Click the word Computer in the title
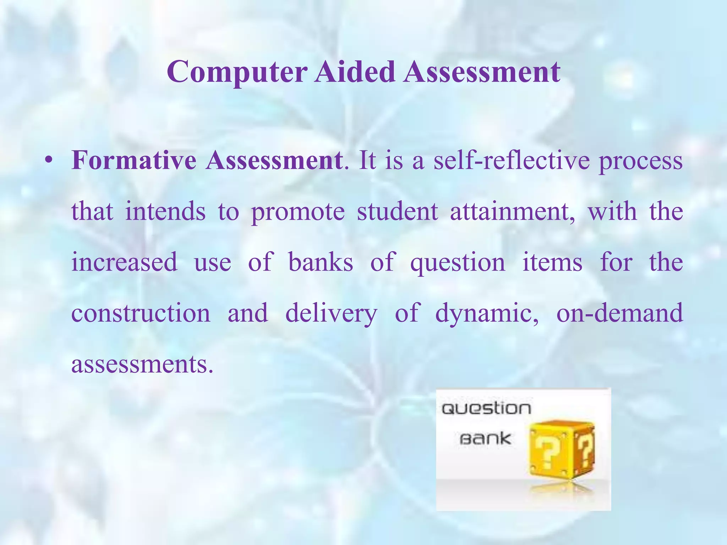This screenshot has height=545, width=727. pos(237,72)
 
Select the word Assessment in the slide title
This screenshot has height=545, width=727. pos(481,72)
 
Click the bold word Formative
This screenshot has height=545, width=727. pos(134,161)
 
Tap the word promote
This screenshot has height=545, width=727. pos(298,212)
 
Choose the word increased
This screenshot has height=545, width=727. pos(124,262)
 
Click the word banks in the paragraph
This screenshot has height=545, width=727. pos(321,262)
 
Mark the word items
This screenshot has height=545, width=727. pos(552,262)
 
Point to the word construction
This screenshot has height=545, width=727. pos(141,313)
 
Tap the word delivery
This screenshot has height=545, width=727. pos(331,314)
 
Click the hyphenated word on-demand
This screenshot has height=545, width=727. pos(619,313)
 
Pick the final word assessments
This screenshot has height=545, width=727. pos(142,364)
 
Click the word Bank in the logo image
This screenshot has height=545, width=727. pos(485,439)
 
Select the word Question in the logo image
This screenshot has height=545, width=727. pos(486,409)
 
